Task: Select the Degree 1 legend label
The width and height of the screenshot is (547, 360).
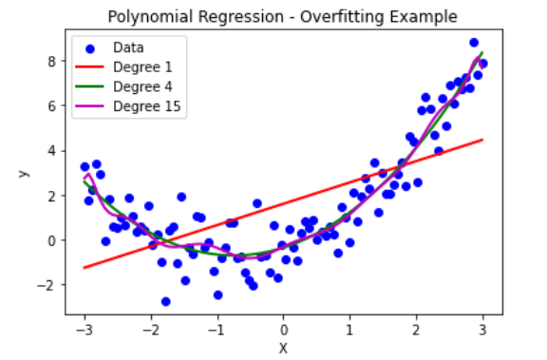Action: (x=142, y=67)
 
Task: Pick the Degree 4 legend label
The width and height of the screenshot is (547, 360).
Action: (x=142, y=86)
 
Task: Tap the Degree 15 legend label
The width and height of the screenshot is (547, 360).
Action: (x=147, y=106)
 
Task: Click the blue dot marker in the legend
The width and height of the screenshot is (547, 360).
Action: (x=90, y=48)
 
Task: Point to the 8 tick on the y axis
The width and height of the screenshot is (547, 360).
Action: (x=51, y=62)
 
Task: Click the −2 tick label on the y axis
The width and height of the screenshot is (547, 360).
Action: (x=47, y=285)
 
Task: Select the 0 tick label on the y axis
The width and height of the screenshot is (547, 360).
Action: (x=51, y=240)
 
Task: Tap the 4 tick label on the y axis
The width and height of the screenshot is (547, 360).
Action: (x=51, y=151)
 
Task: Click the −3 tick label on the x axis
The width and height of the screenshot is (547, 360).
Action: (x=85, y=330)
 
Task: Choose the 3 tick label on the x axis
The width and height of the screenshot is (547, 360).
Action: (x=482, y=330)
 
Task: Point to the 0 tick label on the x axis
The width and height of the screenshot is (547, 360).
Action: (x=284, y=330)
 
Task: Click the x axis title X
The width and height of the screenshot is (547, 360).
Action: (x=283, y=349)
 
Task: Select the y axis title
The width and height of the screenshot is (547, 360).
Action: (x=23, y=174)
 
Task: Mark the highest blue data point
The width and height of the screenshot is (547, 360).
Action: (x=474, y=43)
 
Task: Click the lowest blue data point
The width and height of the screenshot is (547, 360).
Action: (x=165, y=301)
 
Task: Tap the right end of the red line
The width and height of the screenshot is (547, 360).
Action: (x=482, y=140)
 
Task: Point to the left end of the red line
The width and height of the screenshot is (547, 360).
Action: (x=85, y=268)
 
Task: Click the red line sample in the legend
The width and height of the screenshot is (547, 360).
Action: (x=89, y=67)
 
